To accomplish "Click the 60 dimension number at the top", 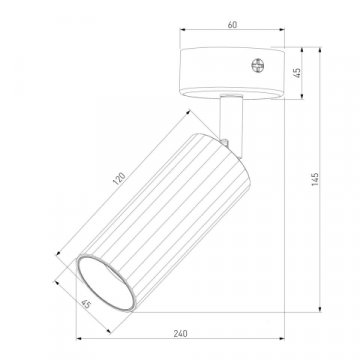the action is click(232, 25).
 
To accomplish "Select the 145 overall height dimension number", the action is click(315, 179).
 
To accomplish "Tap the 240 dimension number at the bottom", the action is click(180, 333).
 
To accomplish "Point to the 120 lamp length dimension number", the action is click(119, 178).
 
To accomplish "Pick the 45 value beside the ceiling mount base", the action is click(297, 73).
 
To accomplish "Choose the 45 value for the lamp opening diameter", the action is click(86, 304).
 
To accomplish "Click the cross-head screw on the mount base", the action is click(257, 65).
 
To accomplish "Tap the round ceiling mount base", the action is click(232, 73).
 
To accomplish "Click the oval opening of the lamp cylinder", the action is click(106, 283).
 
